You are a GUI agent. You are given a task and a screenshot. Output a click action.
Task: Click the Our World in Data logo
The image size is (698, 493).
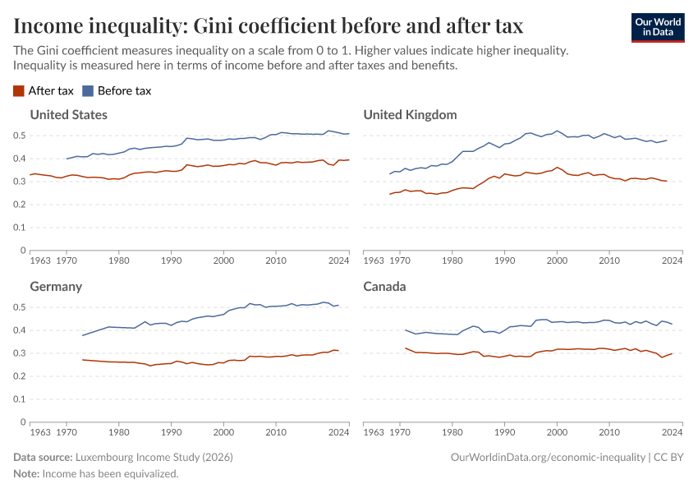[657, 27]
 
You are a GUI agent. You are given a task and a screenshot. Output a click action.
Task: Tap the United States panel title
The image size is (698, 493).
[68, 114]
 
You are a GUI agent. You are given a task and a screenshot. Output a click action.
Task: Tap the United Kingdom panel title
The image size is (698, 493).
[410, 114]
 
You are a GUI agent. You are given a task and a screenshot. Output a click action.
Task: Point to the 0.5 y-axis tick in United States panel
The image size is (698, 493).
[19, 136]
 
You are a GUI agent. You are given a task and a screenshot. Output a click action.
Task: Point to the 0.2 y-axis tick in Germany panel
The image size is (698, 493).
[19, 376]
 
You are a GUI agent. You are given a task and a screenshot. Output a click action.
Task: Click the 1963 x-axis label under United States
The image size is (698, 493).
[39, 260]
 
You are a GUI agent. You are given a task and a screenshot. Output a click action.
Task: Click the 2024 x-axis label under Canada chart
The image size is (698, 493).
[672, 432]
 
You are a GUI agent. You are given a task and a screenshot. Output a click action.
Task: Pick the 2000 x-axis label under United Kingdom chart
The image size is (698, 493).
[557, 260]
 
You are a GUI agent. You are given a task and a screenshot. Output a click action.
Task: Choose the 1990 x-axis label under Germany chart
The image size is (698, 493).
[171, 432]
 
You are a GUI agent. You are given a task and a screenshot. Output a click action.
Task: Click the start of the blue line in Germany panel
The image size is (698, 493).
[82, 335]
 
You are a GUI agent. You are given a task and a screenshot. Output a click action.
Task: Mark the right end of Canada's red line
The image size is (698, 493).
[672, 353]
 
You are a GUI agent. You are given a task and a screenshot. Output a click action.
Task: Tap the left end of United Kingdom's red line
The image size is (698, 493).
[390, 194]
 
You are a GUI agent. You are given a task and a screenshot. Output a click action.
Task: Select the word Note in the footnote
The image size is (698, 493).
[25, 473]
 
